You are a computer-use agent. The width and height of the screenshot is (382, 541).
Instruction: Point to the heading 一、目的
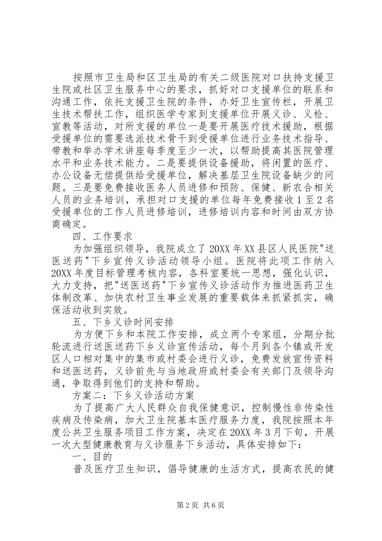point(92,457)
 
